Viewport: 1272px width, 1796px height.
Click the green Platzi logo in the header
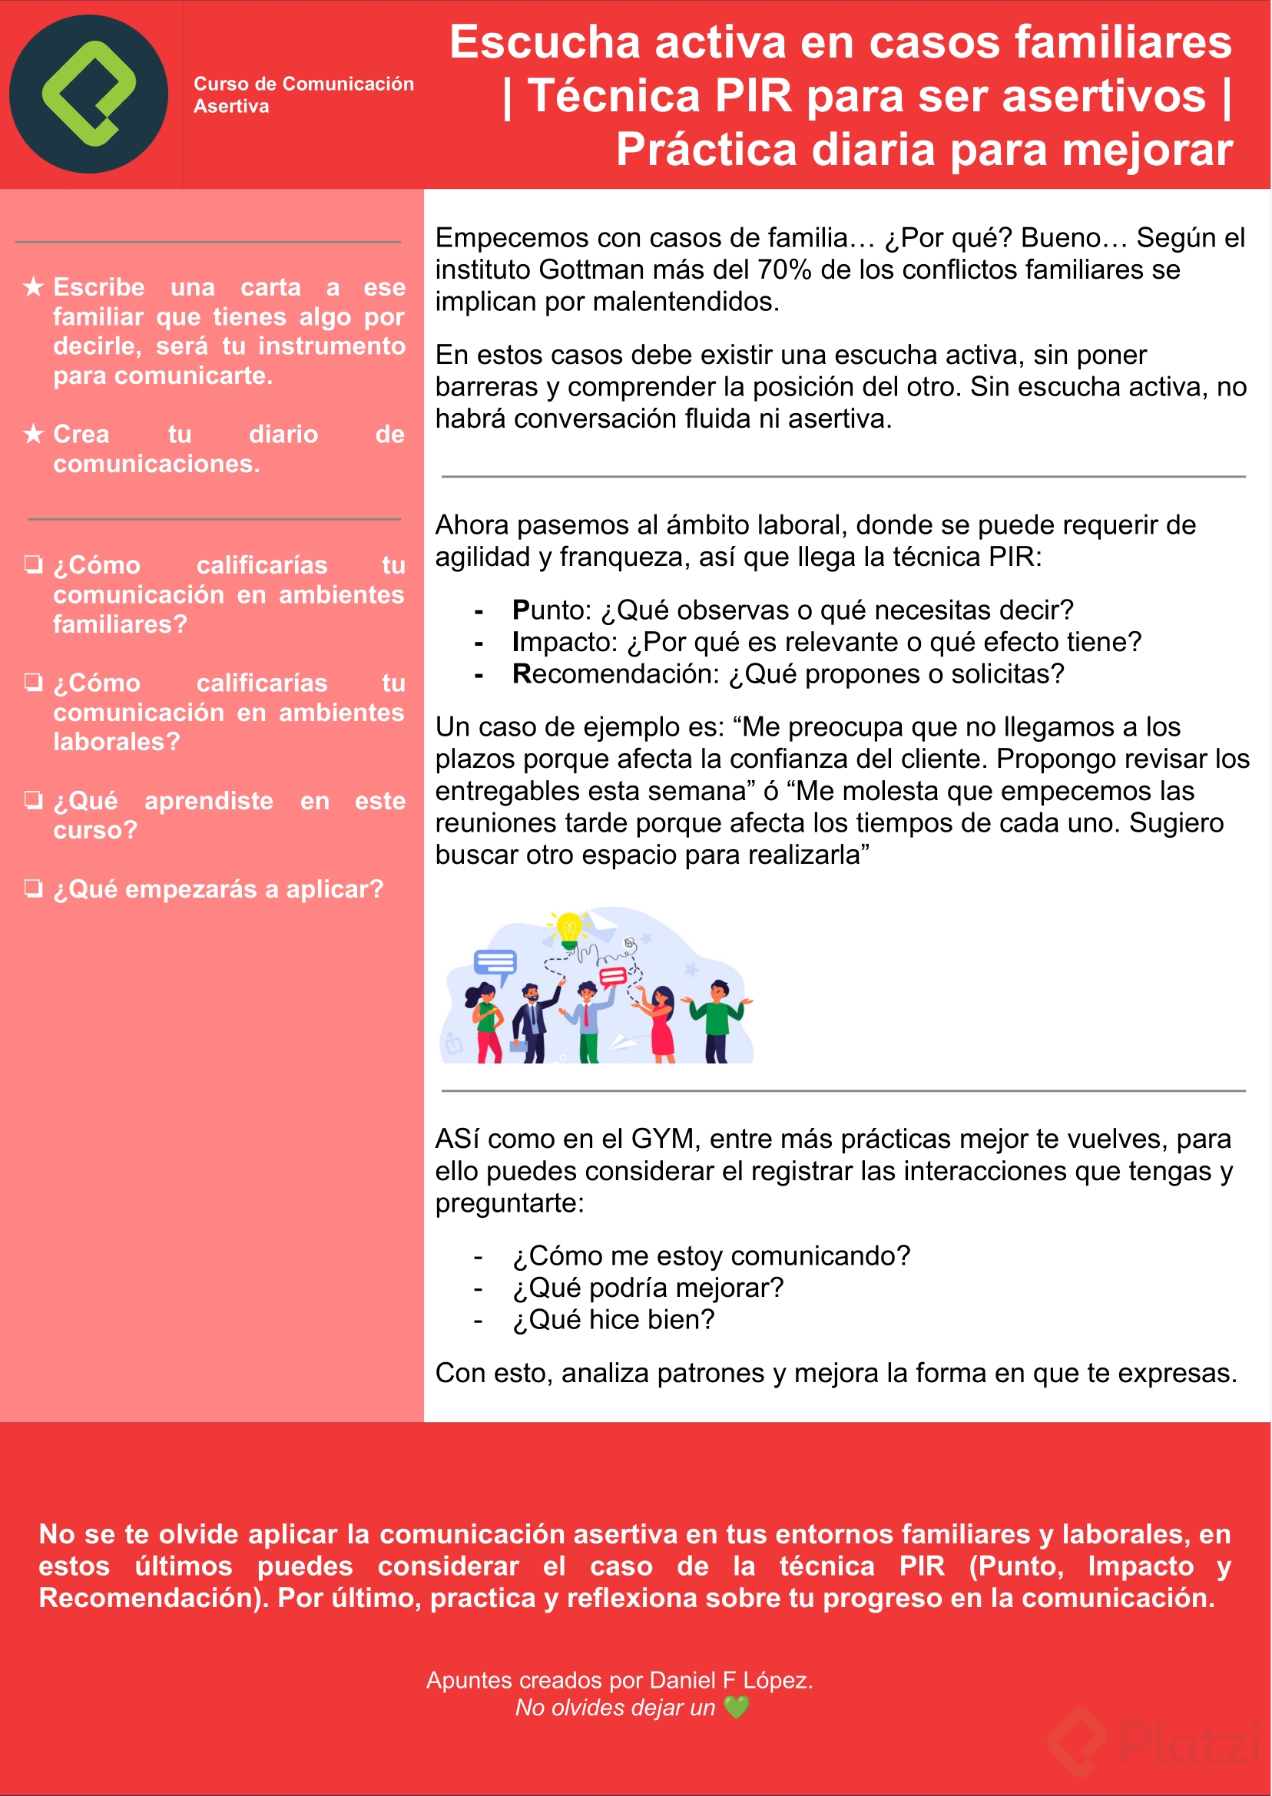pyautogui.click(x=88, y=94)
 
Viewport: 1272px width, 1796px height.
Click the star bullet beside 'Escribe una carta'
pyautogui.click(x=33, y=286)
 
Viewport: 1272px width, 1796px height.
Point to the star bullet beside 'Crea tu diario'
pyautogui.click(x=33, y=433)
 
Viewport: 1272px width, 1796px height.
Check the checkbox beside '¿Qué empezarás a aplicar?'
pyautogui.click(x=33, y=888)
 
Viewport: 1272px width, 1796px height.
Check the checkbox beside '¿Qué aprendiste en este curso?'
pyautogui.click(x=33, y=799)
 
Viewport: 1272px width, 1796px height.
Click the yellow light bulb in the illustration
pyautogui.click(x=568, y=929)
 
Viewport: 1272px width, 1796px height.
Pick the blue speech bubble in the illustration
pyautogui.click(x=495, y=962)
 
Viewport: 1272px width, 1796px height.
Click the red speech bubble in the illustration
pyautogui.click(x=612, y=975)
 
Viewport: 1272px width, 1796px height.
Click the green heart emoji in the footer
pyautogui.click(x=737, y=1707)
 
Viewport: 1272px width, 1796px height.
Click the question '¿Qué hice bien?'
pyautogui.click(x=613, y=1320)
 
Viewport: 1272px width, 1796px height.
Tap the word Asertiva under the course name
pyautogui.click(x=231, y=107)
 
